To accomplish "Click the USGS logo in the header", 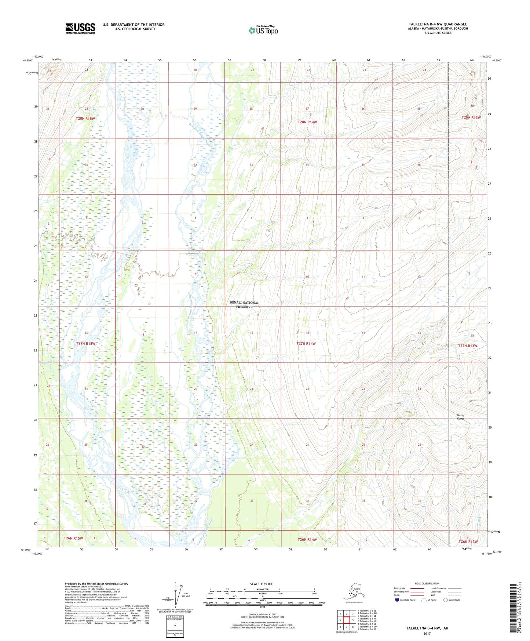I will point(80,28).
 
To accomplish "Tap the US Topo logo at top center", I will point(263,30).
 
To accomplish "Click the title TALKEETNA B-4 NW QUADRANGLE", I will point(438,24).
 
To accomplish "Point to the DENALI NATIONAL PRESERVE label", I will point(244,305).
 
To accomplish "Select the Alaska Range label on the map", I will point(461,417).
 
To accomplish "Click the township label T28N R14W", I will point(307,122).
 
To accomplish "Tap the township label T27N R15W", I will point(85,344).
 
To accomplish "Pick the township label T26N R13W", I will point(468,542).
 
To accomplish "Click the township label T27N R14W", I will point(306,344).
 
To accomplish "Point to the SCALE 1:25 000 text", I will point(262,584).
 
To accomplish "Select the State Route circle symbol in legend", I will point(446,600).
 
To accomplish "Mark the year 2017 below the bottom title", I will point(427,633).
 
